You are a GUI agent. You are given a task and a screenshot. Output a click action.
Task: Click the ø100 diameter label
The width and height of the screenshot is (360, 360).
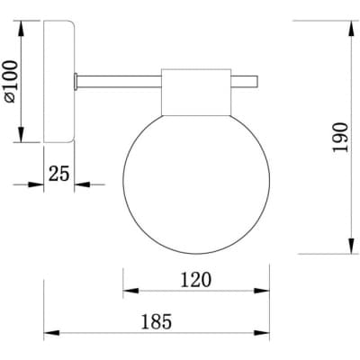click(x=12, y=82)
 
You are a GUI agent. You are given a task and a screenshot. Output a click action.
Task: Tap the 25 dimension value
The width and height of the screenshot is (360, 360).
click(x=59, y=173)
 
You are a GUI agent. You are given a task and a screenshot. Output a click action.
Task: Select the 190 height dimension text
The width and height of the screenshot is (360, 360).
click(x=341, y=137)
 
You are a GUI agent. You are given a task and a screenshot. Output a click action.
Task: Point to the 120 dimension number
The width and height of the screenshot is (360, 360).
click(x=196, y=280)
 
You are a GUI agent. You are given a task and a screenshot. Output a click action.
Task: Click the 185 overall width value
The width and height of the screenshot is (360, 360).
click(x=157, y=321)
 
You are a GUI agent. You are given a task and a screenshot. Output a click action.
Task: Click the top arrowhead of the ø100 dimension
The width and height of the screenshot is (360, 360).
click(x=21, y=29)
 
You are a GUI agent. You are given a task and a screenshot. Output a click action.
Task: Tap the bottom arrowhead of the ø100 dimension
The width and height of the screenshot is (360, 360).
click(x=21, y=134)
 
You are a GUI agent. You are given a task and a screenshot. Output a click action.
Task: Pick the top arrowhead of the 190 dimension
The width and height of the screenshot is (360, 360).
click(x=351, y=29)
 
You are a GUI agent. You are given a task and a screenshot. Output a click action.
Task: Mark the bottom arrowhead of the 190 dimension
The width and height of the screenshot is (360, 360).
click(x=351, y=246)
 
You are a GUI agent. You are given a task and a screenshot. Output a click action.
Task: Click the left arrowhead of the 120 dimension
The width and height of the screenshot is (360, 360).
click(x=130, y=291)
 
